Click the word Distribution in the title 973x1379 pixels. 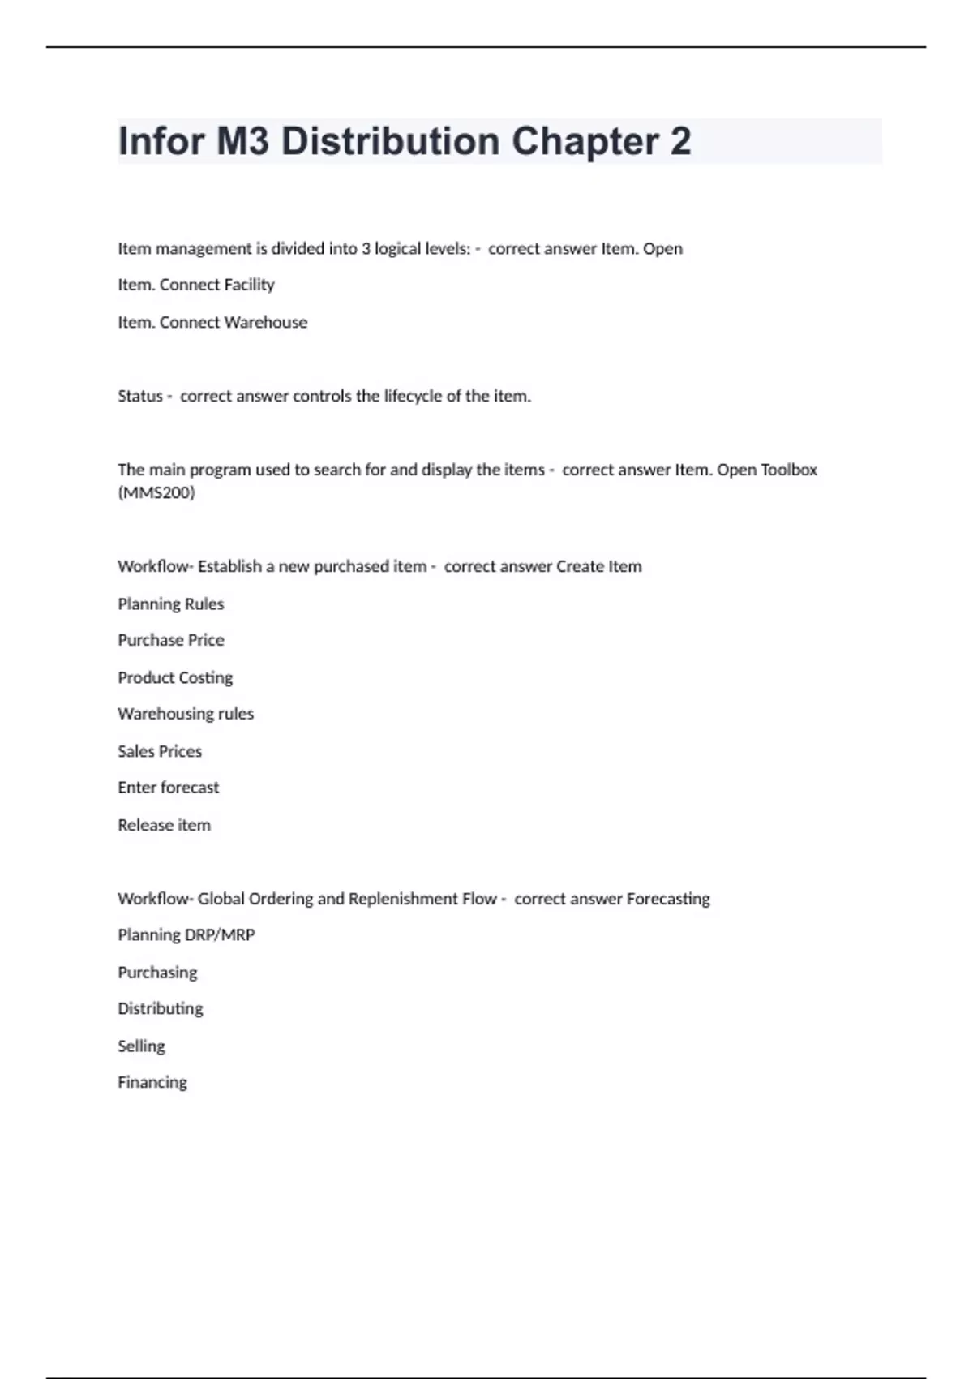[x=390, y=141]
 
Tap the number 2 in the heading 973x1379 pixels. [x=680, y=141]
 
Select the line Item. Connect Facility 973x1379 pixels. [x=196, y=285]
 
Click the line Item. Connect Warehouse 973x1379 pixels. [x=212, y=322]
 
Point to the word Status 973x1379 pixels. [x=140, y=396]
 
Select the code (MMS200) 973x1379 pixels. [x=156, y=492]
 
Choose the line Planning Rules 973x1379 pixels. [x=170, y=604]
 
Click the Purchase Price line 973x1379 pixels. [x=171, y=640]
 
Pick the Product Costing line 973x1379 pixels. [x=175, y=677]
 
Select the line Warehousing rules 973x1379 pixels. [x=186, y=714]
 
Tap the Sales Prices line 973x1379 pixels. [x=160, y=751]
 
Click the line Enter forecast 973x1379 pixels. [x=168, y=788]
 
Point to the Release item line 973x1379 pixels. [x=164, y=825]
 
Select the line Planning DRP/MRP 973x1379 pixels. [x=186, y=935]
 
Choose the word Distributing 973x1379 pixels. [x=161, y=1008]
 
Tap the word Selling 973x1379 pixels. [x=141, y=1046]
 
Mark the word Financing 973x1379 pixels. [x=152, y=1082]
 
